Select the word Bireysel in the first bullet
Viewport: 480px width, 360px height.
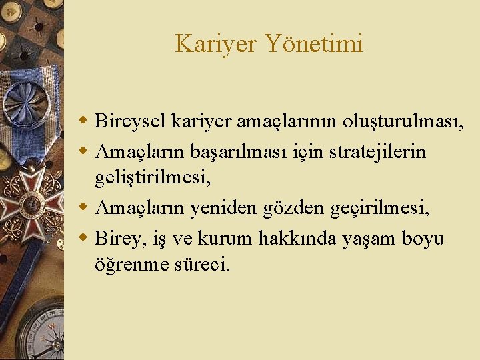tap(130, 121)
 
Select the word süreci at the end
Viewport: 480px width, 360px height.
tap(201, 264)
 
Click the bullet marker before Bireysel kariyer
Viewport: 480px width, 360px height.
tap(84, 121)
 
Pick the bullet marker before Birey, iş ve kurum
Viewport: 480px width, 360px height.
tap(84, 238)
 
